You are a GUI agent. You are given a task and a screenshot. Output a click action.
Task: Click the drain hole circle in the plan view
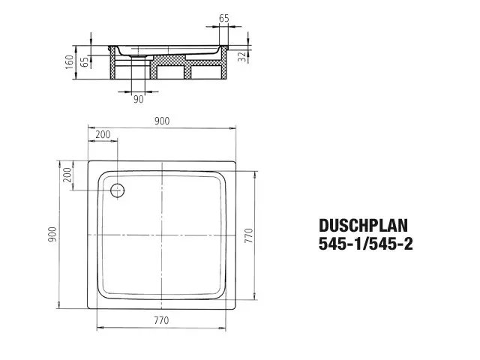(x=117, y=190)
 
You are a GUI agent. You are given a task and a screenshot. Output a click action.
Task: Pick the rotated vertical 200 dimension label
(x=67, y=175)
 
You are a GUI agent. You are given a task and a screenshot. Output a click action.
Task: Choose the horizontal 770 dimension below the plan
(x=161, y=321)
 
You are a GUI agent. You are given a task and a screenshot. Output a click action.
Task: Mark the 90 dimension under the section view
(x=138, y=98)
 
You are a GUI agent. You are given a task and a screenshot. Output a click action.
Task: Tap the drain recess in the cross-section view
(x=140, y=55)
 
